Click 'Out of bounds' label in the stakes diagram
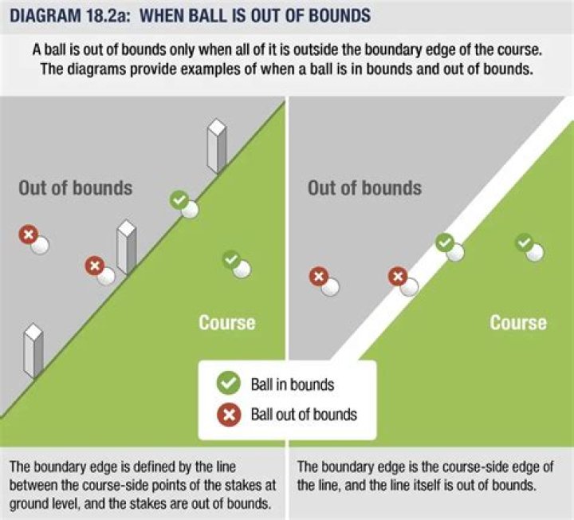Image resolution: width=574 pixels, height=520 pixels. point(76,189)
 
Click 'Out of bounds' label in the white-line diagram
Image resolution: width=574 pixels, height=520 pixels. point(364,189)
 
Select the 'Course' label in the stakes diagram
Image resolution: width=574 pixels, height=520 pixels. point(227,323)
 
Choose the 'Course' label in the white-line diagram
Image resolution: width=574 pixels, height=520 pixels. point(518,323)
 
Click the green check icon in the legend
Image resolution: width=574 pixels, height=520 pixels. point(229,384)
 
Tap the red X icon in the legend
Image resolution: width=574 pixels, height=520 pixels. point(229,414)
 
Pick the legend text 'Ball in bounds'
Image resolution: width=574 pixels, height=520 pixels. point(293,384)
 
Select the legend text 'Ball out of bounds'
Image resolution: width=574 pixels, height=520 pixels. point(304,414)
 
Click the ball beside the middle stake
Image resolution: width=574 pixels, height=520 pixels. point(105,276)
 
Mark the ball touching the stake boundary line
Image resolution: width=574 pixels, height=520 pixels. point(189,210)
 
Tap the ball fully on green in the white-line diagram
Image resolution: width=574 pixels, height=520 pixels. point(534,252)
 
